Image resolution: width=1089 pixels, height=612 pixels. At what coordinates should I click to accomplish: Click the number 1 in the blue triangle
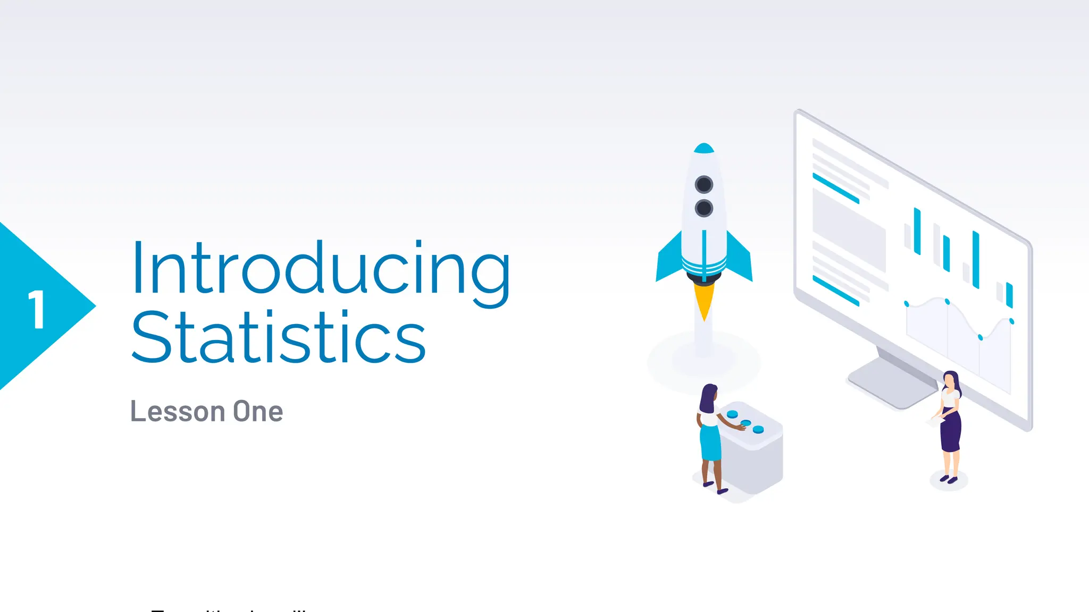[x=36, y=309]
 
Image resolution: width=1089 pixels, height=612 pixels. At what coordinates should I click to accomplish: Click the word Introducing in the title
[x=320, y=268]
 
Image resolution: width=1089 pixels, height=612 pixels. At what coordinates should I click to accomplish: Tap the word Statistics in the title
[x=278, y=337]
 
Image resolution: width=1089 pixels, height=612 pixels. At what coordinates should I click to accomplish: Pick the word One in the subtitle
[x=258, y=411]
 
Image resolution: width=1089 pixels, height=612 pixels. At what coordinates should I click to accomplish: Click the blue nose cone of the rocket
[x=704, y=148]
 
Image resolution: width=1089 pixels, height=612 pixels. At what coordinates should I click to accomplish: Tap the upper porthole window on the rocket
[x=704, y=184]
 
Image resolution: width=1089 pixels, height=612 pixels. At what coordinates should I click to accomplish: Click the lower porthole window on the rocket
[x=704, y=208]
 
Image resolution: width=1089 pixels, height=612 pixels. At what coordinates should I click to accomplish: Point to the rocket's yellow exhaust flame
[x=704, y=300]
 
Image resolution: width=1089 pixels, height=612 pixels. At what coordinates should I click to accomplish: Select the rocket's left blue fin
[x=669, y=260]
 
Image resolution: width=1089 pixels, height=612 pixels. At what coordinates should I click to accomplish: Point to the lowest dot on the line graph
[x=981, y=337]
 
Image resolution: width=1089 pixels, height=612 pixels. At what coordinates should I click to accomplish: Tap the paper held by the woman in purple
[x=935, y=421]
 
